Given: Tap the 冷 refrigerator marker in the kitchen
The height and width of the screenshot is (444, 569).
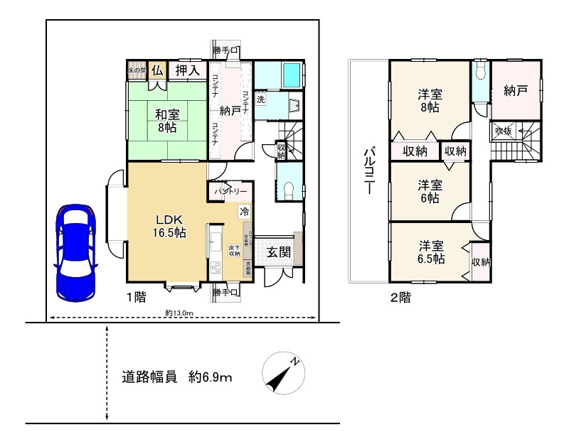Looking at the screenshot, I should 244,211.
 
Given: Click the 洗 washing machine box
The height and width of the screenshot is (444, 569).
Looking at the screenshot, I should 261,100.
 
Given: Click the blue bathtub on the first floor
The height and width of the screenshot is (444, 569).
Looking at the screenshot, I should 292,75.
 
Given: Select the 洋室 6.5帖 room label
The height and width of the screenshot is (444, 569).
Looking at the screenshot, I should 431,251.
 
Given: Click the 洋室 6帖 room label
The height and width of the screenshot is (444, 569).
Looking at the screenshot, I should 431,190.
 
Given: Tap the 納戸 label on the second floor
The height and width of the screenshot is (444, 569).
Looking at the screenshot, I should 515,91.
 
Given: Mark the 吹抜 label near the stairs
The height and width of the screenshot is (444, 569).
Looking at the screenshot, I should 504,131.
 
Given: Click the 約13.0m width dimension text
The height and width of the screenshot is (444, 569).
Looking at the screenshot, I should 179,313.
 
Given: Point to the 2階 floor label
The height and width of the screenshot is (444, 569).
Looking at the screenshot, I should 400,298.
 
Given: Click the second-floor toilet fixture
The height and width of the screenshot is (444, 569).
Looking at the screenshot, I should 481,71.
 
